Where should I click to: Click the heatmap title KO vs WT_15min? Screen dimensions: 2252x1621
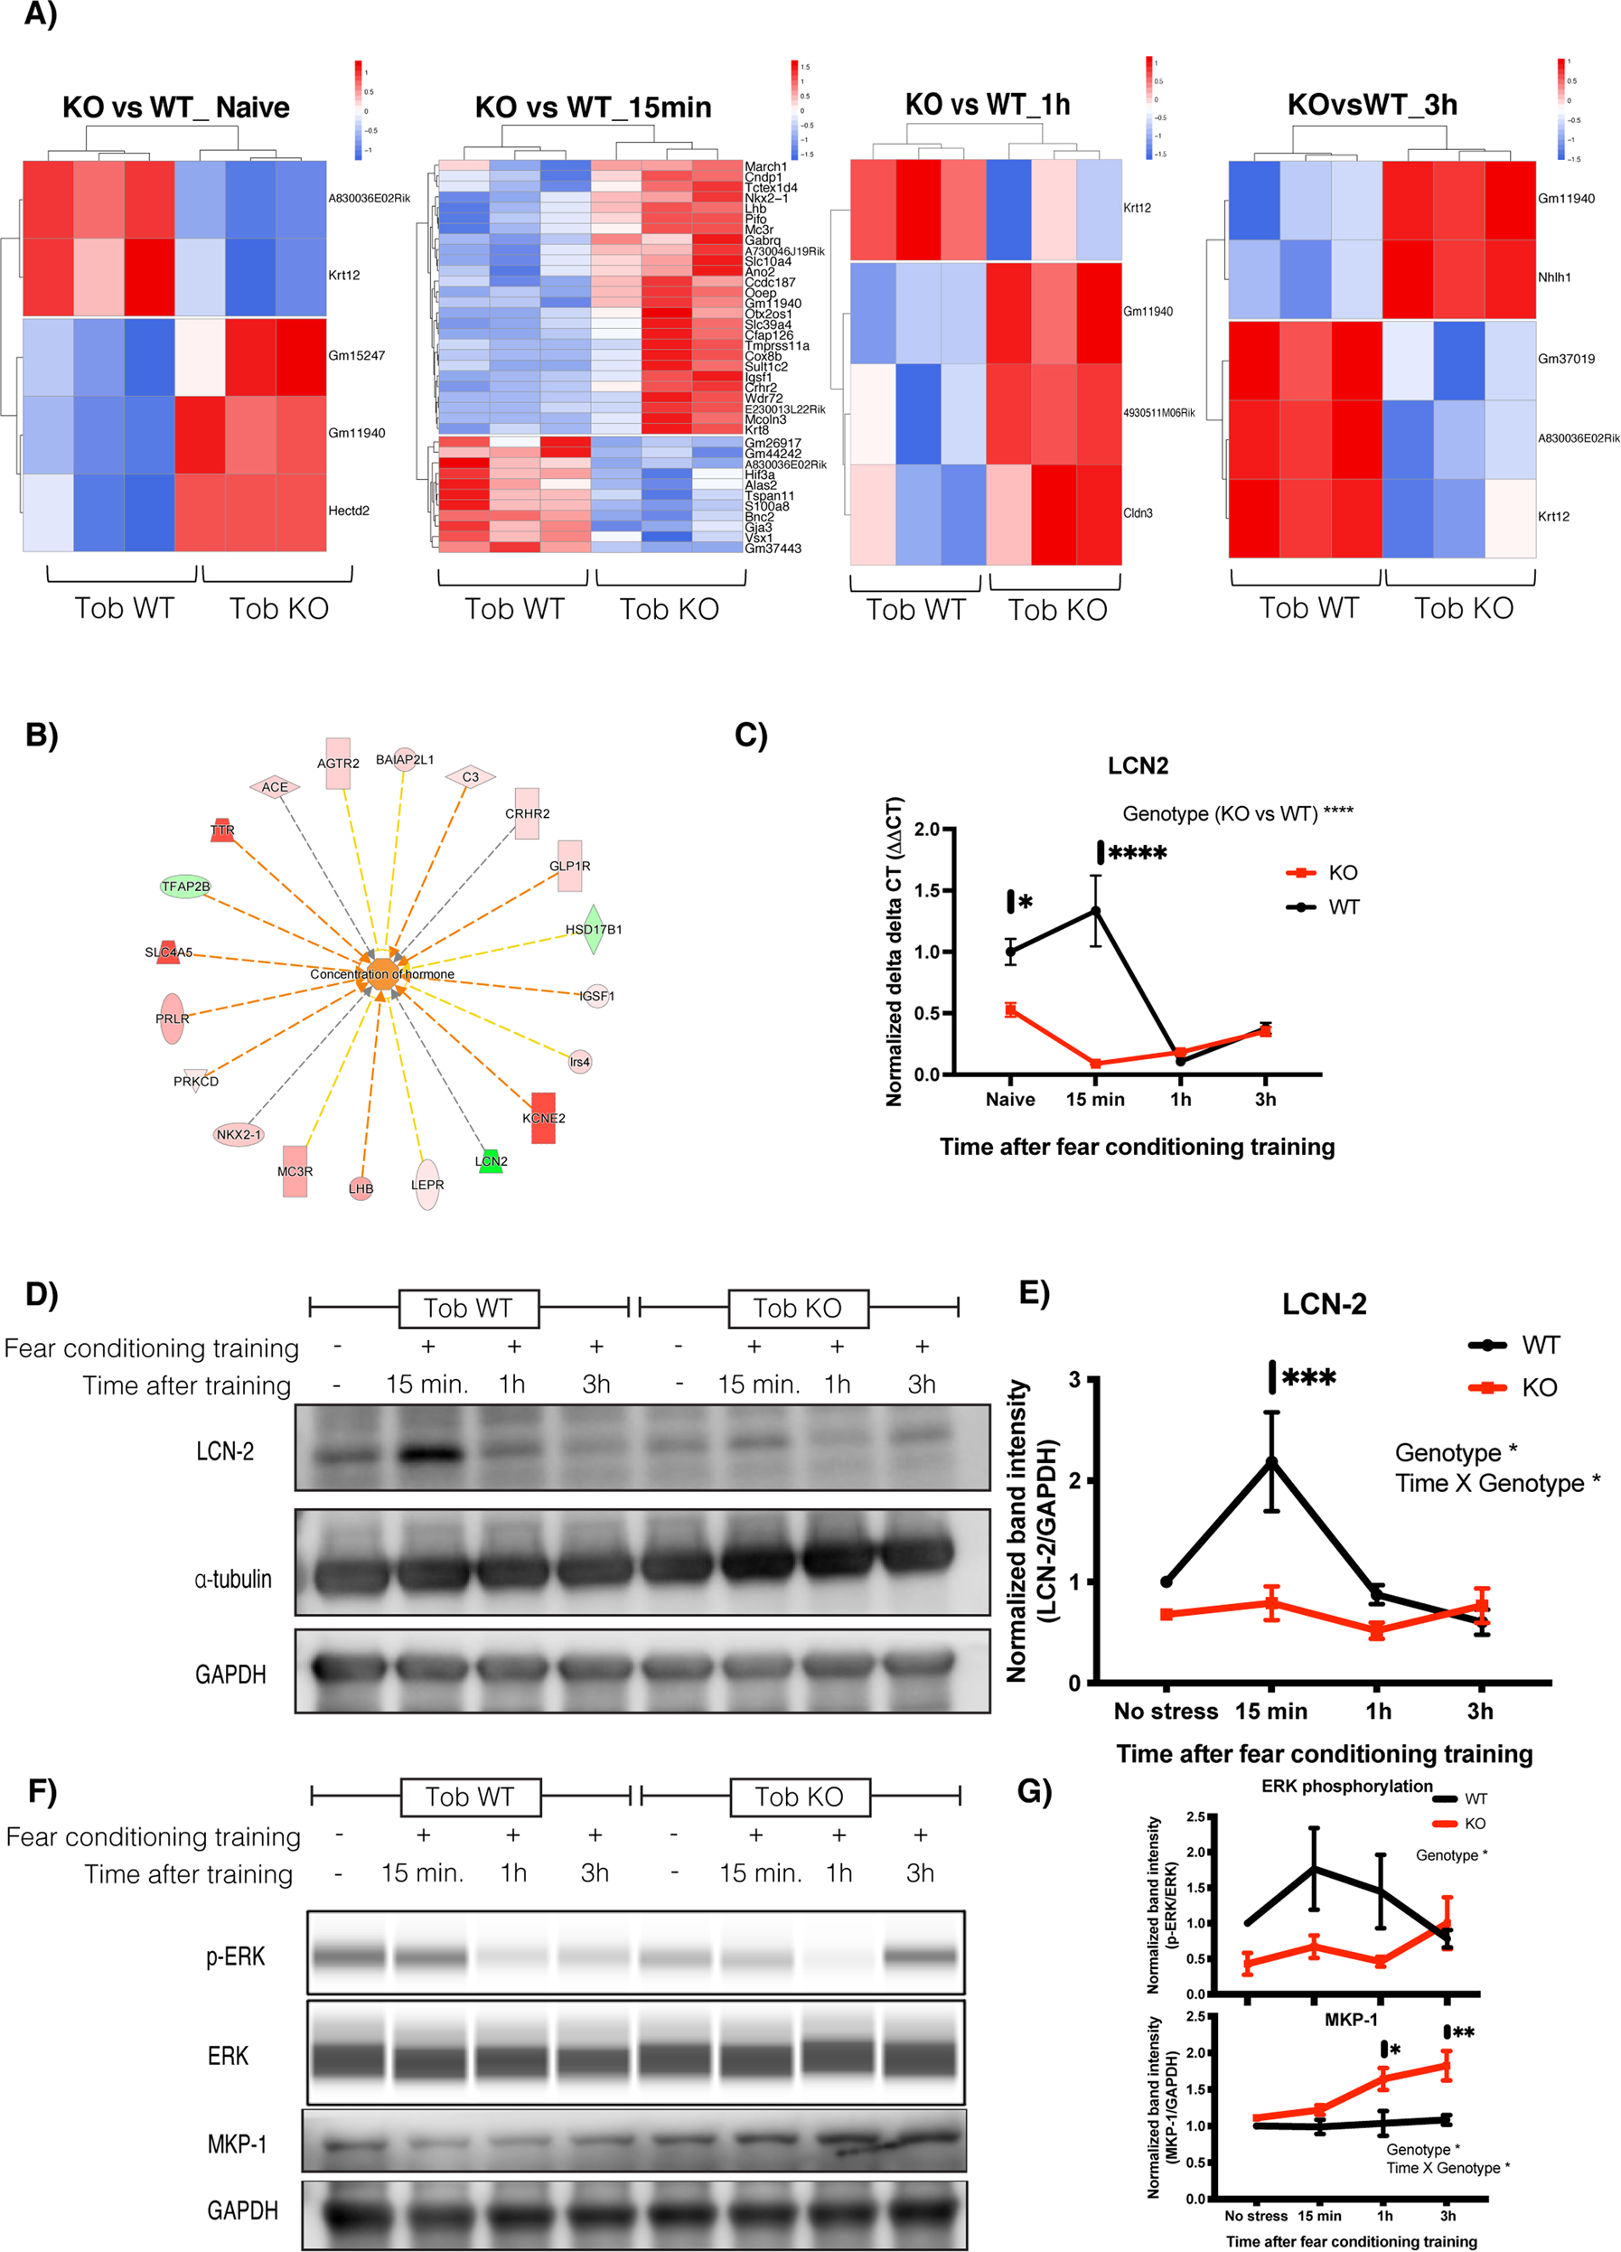593,108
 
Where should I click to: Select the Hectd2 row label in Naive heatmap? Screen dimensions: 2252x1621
349,511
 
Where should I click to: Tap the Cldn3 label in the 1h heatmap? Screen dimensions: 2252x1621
1138,513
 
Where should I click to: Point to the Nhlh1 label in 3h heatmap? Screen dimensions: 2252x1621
1553,277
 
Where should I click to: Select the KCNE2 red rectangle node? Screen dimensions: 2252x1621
543,1118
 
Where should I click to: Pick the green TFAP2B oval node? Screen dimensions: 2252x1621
185,886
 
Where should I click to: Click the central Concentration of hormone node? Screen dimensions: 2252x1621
382,974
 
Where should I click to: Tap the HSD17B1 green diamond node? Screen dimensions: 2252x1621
593,929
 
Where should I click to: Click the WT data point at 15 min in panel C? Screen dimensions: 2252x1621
1096,911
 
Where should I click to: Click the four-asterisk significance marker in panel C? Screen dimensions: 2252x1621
1137,853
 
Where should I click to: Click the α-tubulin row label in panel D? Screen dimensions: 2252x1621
232,1578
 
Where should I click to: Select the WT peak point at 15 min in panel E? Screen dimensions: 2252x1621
1271,1461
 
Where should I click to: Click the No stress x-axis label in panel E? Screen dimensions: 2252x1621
1166,1711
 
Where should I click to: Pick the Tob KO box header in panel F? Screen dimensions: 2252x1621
798,1797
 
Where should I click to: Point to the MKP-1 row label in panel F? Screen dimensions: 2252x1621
236,2144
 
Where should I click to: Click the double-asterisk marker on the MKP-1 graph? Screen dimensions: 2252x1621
1461,2032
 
